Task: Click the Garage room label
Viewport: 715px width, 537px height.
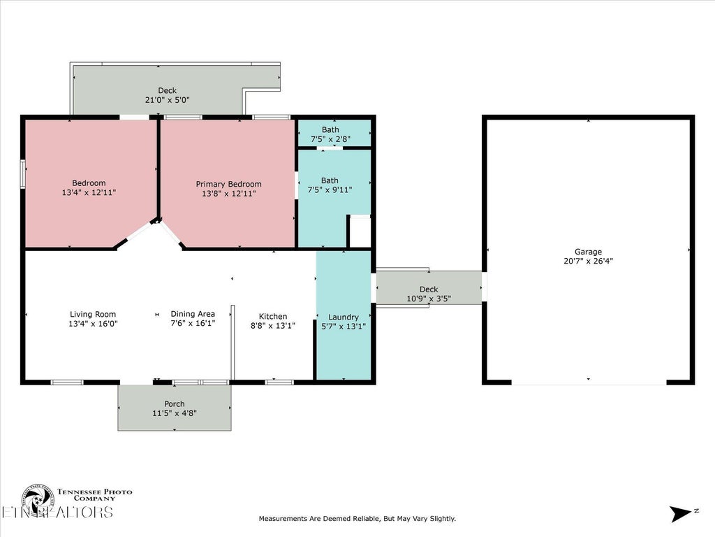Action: click(588, 252)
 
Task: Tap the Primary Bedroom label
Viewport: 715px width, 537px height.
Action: click(228, 184)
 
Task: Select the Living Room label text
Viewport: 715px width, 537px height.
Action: click(93, 314)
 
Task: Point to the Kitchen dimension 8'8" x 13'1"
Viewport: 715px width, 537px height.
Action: click(273, 326)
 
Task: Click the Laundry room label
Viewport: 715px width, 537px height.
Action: click(344, 317)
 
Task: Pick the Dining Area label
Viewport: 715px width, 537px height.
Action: click(193, 314)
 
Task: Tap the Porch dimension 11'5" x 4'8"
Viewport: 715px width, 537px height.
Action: click(174, 413)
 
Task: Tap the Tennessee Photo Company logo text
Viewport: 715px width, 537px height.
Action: click(94, 495)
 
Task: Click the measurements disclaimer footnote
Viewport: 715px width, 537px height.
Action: click(357, 519)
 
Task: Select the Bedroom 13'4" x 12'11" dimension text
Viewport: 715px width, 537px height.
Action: click(89, 193)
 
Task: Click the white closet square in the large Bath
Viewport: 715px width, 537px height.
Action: click(360, 231)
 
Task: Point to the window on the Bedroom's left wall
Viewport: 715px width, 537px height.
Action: click(23, 174)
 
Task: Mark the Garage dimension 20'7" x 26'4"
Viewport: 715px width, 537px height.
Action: click(588, 262)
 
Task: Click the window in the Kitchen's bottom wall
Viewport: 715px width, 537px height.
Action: click(279, 382)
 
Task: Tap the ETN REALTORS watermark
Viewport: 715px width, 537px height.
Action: click(57, 512)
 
